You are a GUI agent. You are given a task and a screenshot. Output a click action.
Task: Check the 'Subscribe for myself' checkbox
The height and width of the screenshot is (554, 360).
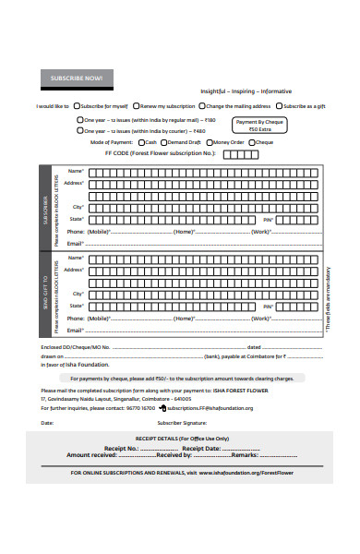77,106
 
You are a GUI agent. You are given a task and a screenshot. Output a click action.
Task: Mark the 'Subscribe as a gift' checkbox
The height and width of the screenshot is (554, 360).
278,106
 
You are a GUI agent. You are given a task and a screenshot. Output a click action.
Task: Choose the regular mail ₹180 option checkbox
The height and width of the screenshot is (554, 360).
79,120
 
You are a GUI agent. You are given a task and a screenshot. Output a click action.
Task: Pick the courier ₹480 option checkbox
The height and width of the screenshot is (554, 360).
79,131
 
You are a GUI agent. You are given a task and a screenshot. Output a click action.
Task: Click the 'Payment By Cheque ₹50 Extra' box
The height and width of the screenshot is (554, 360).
259,126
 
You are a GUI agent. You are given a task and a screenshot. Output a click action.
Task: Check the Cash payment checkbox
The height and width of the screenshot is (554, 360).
139,142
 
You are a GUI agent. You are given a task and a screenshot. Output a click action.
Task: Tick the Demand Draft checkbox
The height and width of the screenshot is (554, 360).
165,142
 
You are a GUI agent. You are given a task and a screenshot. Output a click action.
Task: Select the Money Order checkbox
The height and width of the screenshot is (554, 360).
211,142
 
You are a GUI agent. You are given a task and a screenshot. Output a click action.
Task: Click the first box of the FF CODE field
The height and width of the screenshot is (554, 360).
227,154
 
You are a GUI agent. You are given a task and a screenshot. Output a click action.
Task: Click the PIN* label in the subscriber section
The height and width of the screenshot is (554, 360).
268,219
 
